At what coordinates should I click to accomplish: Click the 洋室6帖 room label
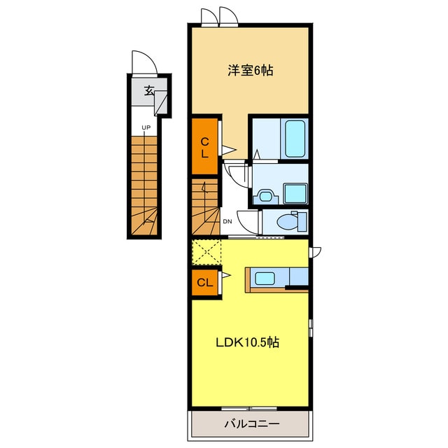(250, 70)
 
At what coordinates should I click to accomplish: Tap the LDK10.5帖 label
(247, 342)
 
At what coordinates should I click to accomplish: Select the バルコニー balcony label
(252, 423)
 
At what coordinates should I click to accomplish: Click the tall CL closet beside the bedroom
(205, 146)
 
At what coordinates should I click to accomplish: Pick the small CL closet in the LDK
(205, 283)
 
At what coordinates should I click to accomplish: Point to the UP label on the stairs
(146, 127)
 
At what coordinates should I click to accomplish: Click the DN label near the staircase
(227, 221)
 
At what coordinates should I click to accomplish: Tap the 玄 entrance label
(149, 91)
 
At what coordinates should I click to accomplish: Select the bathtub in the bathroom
(295, 139)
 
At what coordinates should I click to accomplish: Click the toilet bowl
(287, 222)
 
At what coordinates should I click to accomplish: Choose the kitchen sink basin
(265, 279)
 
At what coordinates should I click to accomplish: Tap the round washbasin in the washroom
(265, 197)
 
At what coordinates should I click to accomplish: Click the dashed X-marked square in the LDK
(206, 252)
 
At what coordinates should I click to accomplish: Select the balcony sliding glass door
(249, 408)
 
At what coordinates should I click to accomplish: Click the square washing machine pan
(295, 193)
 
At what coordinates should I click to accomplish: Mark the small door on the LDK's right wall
(315, 252)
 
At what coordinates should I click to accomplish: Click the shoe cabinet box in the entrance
(160, 103)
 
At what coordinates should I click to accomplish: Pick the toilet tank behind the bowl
(302, 221)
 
